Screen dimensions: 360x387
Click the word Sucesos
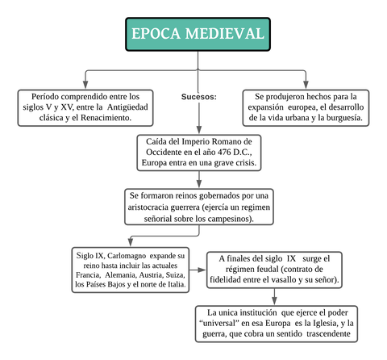198,97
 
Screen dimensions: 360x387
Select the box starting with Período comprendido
85,107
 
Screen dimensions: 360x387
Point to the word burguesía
339,118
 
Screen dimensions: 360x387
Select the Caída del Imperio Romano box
198,152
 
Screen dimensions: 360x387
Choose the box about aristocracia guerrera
198,207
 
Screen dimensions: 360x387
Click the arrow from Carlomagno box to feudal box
200,270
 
